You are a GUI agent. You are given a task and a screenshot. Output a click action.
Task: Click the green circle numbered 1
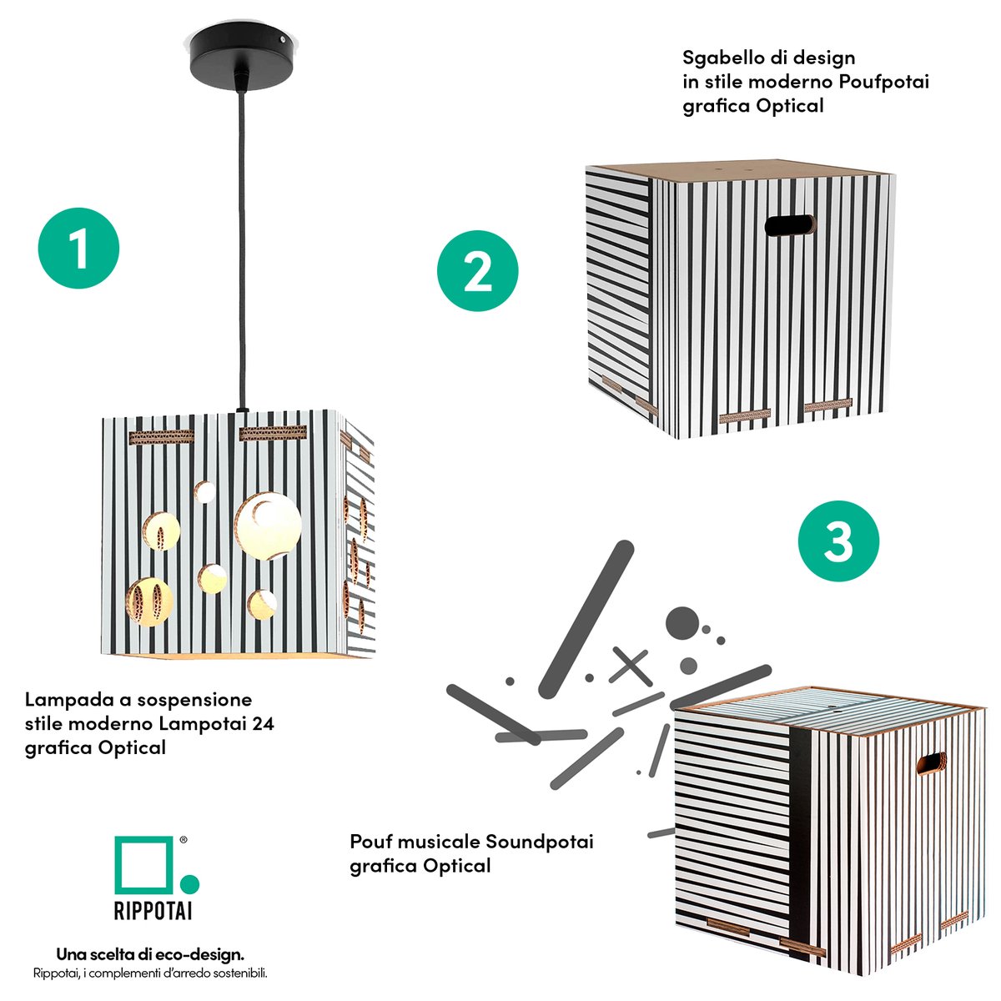click(x=79, y=249)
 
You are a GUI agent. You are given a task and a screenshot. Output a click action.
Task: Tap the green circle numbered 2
click(x=478, y=272)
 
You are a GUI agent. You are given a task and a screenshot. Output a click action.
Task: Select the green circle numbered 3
click(x=838, y=541)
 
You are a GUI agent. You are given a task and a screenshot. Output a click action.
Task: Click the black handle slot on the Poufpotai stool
click(x=789, y=225)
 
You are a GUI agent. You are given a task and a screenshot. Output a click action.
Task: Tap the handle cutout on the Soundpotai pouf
click(x=932, y=765)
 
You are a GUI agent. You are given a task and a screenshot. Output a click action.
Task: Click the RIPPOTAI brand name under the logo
click(x=153, y=909)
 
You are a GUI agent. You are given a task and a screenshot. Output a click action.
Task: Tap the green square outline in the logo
click(x=143, y=863)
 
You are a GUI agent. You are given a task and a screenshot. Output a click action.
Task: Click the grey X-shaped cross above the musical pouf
click(x=630, y=666)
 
